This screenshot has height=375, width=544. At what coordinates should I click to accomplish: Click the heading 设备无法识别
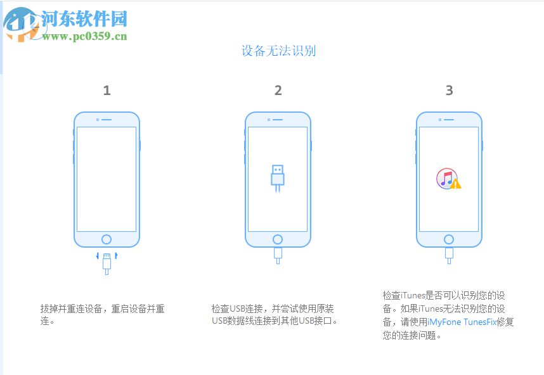coord(278,51)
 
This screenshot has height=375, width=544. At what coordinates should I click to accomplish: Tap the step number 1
coord(107,91)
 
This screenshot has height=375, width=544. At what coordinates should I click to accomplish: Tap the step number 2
coord(278,91)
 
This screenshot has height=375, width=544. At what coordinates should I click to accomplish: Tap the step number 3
coord(449,91)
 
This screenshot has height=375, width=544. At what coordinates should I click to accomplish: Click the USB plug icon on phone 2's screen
coord(277,178)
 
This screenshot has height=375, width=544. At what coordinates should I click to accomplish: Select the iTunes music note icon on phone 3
coord(446,178)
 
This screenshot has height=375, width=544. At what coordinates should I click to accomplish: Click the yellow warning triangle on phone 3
coord(456,184)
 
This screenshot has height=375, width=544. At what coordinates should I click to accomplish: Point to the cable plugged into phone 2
coord(278,255)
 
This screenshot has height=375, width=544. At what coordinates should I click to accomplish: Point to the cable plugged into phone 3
coord(449,255)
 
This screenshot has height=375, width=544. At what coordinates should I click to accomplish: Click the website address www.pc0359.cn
coord(85,36)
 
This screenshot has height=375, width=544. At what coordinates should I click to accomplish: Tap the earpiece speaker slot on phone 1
coord(107,119)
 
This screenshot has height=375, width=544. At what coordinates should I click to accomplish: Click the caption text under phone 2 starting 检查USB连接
coord(275,315)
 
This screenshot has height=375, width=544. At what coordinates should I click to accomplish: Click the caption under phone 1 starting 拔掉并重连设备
coord(102,315)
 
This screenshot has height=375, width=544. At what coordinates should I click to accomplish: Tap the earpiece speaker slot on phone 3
coord(449,119)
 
